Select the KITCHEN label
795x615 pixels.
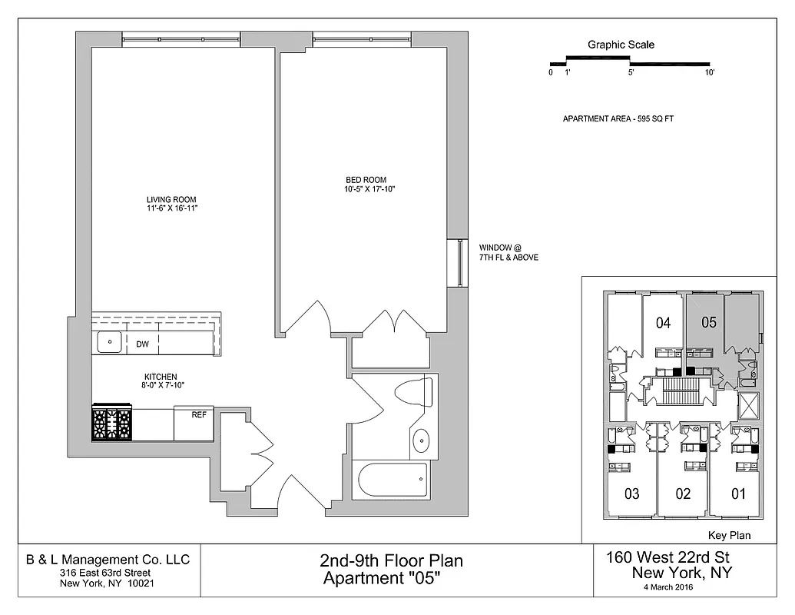click(x=160, y=377)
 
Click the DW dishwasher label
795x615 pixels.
click(x=142, y=344)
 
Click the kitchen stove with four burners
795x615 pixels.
click(x=112, y=424)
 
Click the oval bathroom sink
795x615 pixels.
click(x=422, y=441)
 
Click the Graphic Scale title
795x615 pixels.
click(x=621, y=45)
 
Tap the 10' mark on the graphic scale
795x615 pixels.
click(x=710, y=73)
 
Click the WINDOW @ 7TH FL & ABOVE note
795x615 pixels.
click(x=508, y=253)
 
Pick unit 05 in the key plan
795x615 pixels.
click(x=708, y=323)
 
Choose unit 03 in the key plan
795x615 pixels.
click(x=631, y=494)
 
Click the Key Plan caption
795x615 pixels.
click(x=728, y=536)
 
